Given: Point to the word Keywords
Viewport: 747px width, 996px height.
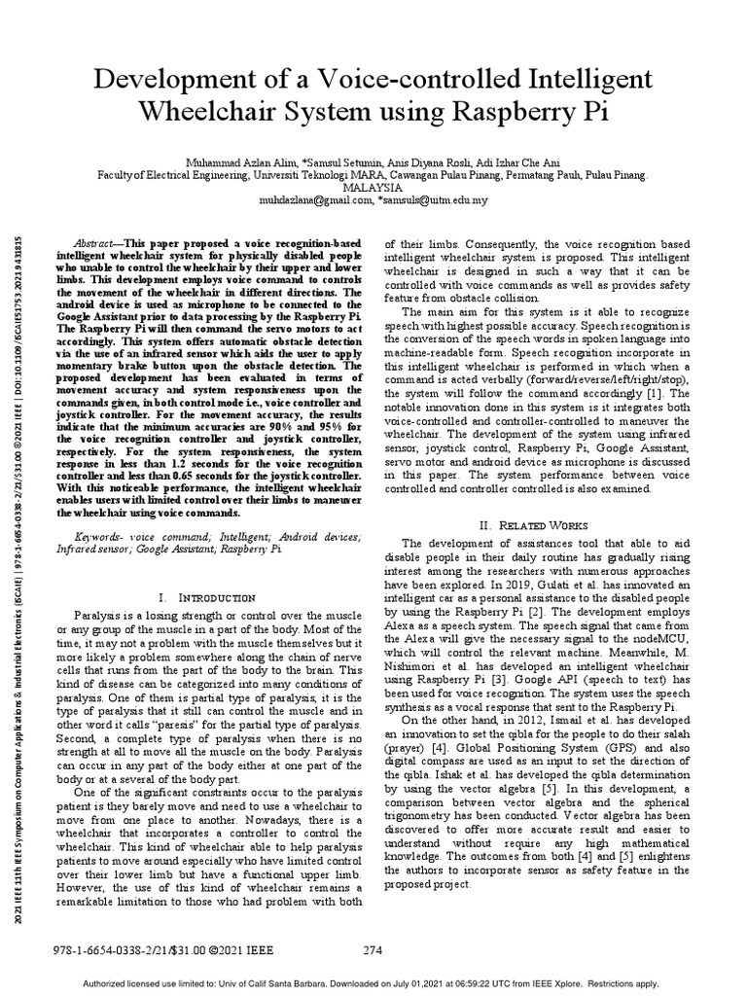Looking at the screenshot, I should pyautogui.click(x=100, y=537).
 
